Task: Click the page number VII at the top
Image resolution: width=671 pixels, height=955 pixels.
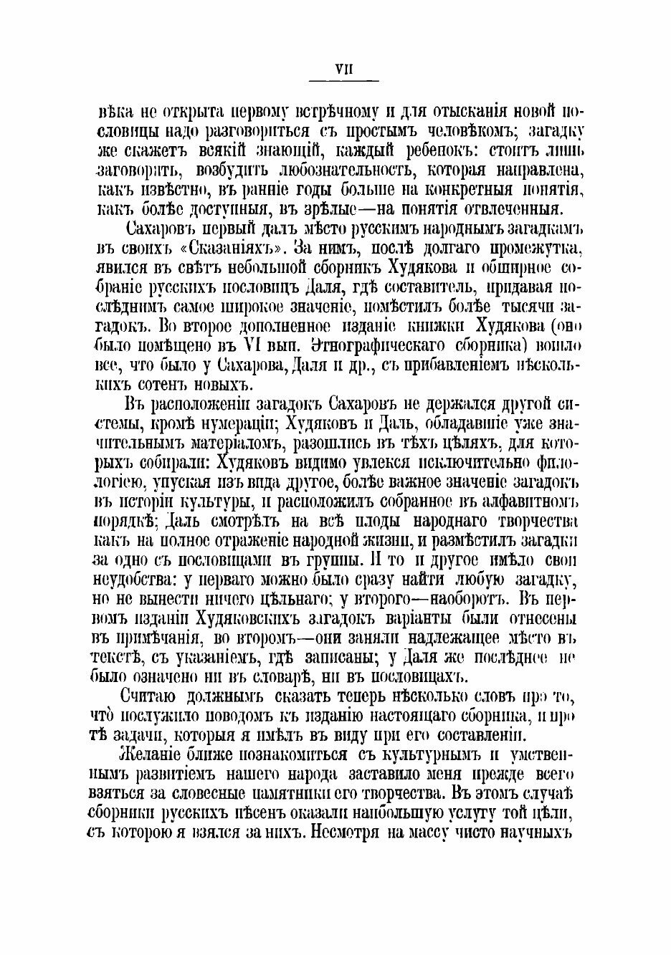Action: pyautogui.click(x=335, y=69)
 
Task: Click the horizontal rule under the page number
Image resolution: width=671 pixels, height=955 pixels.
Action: pyautogui.click(x=335, y=83)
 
